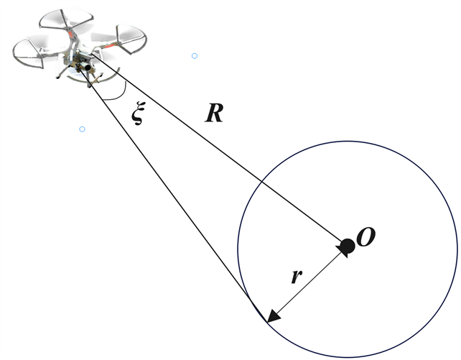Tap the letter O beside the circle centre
[x=366, y=239]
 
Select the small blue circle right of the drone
[x=194, y=55]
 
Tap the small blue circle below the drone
[x=82, y=129]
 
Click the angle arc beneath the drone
[x=115, y=97]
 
